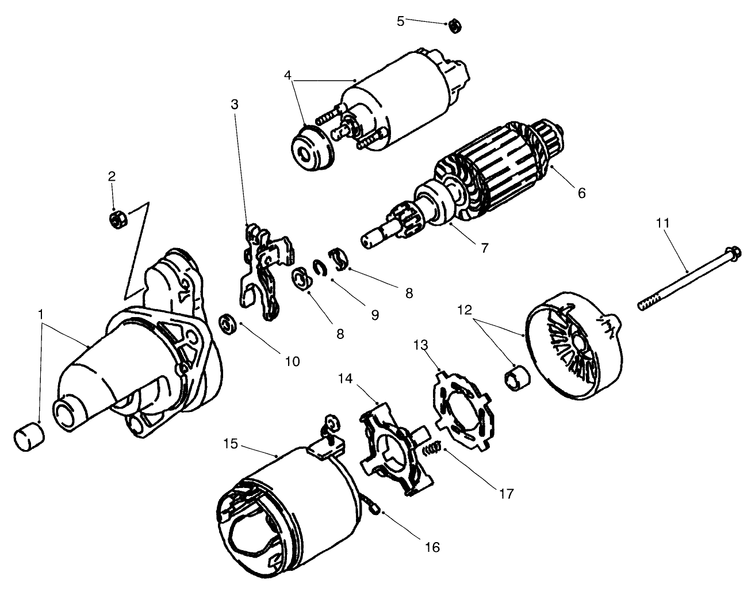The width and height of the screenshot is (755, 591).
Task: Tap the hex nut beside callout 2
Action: [x=117, y=219]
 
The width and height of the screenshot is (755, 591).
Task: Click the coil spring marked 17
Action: [x=431, y=449]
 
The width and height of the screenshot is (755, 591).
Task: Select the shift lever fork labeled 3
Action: [x=265, y=270]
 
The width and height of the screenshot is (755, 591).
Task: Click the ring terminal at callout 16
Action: [x=375, y=509]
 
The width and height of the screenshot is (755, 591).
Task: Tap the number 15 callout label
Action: [x=231, y=444]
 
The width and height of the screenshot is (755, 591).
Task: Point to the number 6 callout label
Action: [x=581, y=193]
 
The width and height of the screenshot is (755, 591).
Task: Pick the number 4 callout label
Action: [x=288, y=75]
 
